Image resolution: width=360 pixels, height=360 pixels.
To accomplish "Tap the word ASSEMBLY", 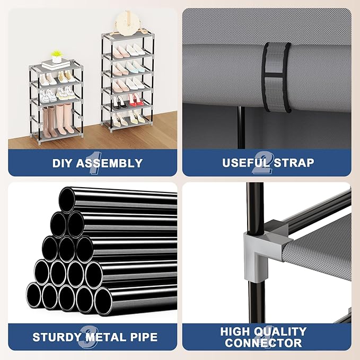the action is pos(109,163).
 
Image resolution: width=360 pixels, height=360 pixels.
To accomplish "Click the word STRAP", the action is pos(294,163).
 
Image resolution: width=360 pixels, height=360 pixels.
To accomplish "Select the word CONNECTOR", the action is pos(264,343).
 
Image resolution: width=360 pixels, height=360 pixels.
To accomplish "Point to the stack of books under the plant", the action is pos(56,64).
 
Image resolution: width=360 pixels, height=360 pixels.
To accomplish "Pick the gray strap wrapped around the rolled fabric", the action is pos(277,77).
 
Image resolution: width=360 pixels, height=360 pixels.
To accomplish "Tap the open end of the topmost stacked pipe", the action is pos(67,200).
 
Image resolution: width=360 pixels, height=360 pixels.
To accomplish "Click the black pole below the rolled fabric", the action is pos(241,127).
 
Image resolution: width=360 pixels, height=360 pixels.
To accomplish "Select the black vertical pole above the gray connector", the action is pos(256,208).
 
